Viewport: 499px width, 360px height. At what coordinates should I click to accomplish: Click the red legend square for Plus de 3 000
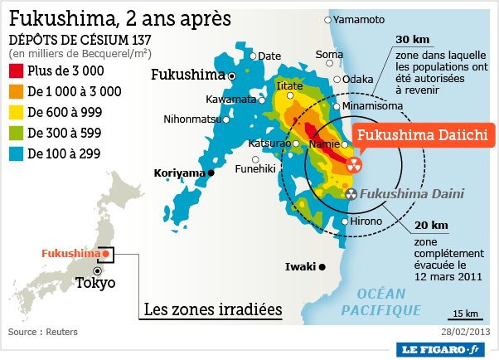(x=16, y=71)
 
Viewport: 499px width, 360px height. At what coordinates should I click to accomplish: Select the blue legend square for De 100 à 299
(x=16, y=153)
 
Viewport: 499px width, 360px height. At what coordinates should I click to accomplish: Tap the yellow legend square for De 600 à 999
(x=16, y=112)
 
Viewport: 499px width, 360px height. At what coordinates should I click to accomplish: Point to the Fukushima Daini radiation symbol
(x=351, y=194)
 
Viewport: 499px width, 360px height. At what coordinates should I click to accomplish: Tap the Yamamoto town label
(x=360, y=19)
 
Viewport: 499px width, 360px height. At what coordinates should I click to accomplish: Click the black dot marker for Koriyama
(x=211, y=173)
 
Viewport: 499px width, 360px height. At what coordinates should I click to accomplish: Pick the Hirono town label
(x=366, y=221)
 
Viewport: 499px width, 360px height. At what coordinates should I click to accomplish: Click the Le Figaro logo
(x=441, y=349)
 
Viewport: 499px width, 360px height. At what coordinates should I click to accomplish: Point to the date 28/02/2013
(x=467, y=332)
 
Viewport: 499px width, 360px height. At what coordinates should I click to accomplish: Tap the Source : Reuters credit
(x=42, y=332)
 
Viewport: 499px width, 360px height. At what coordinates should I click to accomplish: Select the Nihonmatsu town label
(x=192, y=119)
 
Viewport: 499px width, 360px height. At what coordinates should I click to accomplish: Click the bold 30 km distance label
(x=412, y=39)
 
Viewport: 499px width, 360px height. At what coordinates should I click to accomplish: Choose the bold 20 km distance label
(x=431, y=225)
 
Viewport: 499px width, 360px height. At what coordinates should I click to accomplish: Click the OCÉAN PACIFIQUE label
(x=383, y=302)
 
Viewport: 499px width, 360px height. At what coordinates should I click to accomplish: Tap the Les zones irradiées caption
(x=213, y=310)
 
